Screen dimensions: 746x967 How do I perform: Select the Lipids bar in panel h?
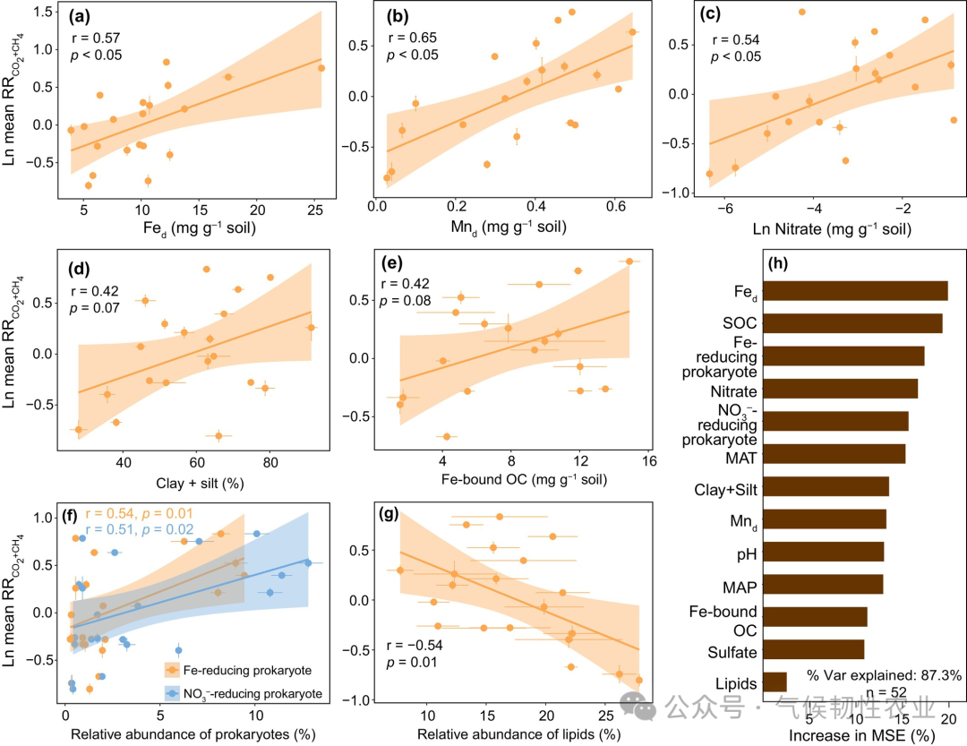coord(774,682)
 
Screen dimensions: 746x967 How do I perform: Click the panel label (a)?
coord(87,15)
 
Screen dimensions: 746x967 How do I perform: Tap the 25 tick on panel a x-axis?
coord(315,210)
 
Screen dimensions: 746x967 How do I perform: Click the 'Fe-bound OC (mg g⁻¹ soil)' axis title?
coord(524,481)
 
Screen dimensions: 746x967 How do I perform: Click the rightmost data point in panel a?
coord(321,68)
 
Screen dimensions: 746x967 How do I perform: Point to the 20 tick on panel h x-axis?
coord(948,718)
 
